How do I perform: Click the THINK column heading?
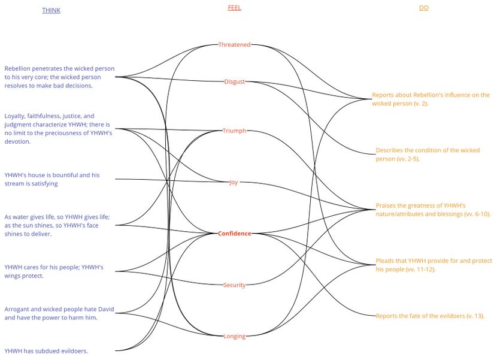51,10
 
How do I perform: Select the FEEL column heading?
234,8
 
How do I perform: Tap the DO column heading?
424,8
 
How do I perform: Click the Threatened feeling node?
234,44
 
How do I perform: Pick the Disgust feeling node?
234,81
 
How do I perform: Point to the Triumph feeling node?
234,131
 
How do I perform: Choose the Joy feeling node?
234,182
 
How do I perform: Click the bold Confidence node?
234,233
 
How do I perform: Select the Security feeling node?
234,285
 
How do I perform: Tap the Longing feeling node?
234,337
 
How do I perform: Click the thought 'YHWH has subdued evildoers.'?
46,351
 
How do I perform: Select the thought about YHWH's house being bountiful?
52,179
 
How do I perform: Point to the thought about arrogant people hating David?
59,313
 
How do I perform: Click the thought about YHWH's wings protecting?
54,271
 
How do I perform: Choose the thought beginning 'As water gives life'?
57,225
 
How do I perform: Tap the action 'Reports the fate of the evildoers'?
430,316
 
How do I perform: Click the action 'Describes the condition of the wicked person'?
428,155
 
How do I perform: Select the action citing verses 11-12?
434,265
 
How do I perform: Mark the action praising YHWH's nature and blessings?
433,210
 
